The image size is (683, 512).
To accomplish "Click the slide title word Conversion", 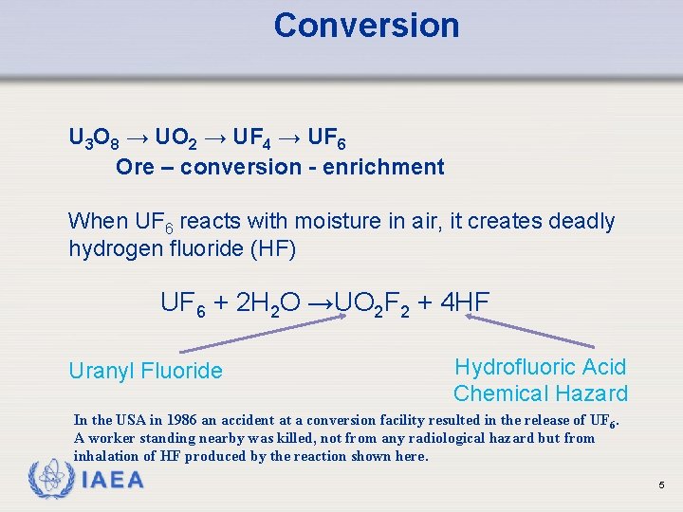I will [x=366, y=26].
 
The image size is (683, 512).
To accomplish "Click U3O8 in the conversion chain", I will [x=94, y=140].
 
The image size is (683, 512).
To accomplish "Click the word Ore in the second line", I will [x=135, y=168].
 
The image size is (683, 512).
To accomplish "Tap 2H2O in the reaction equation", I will [x=268, y=303].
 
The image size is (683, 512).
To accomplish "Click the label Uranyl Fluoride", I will [x=145, y=371].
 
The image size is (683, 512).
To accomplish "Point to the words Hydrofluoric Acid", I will [x=541, y=367].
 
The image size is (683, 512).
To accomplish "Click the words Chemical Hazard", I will [x=541, y=393].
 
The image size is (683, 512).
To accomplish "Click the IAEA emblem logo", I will [x=50, y=479].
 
